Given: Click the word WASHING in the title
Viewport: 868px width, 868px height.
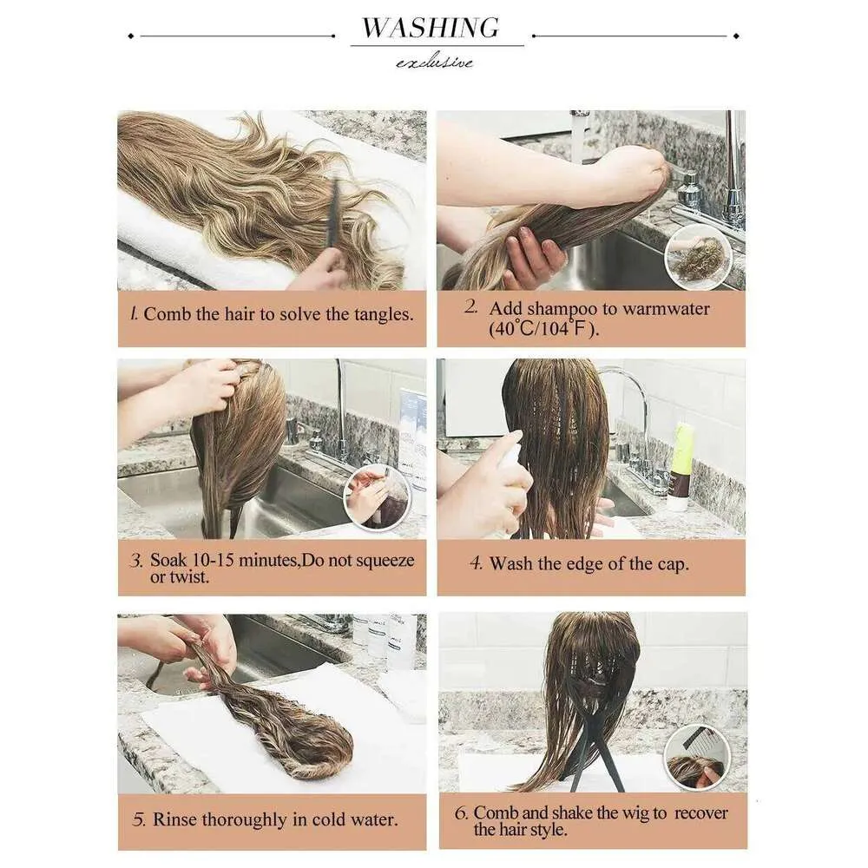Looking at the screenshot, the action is (431, 28).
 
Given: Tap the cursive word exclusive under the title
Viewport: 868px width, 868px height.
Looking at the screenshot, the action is (435, 62).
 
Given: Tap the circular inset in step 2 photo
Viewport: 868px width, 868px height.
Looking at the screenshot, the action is (699, 256).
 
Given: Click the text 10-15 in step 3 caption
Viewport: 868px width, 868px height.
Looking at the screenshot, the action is (210, 560).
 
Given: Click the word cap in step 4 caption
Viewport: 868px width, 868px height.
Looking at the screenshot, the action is (672, 565).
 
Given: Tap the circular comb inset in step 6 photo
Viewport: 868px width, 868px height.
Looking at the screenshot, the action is (697, 759).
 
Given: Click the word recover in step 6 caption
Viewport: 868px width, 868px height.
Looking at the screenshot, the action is (701, 812).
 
